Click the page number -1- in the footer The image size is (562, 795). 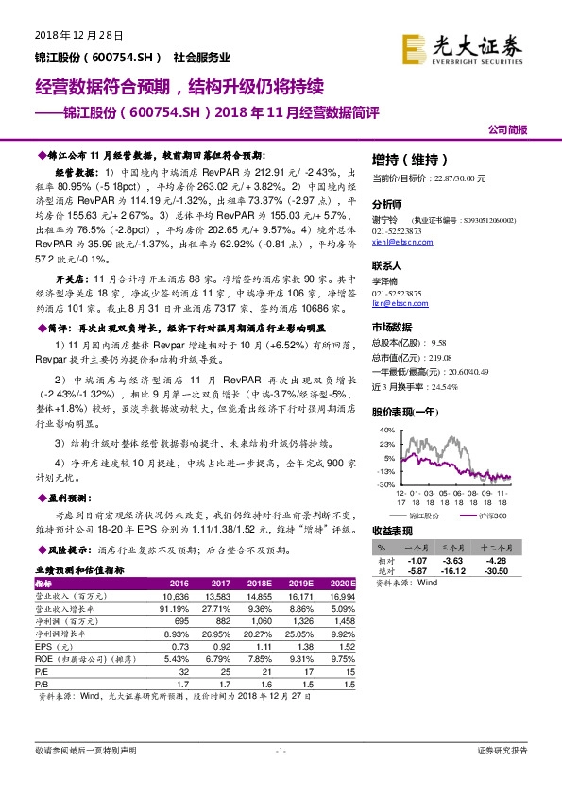tap(281, 751)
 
